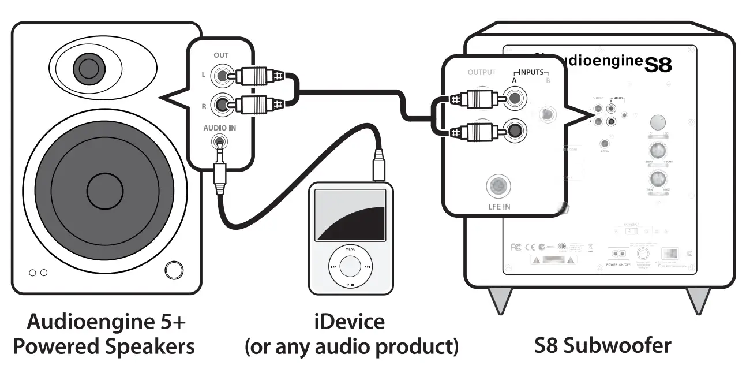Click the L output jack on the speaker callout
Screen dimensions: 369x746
pyautogui.click(x=220, y=76)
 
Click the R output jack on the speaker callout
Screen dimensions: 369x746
pyautogui.click(x=220, y=105)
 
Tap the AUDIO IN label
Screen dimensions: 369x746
pyautogui.click(x=219, y=128)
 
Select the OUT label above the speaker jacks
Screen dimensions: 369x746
pyautogui.click(x=221, y=55)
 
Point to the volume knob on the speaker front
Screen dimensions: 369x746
pyautogui.click(x=174, y=270)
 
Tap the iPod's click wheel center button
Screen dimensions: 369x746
pyautogui.click(x=350, y=267)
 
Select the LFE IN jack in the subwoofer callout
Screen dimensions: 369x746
pyautogui.click(x=497, y=187)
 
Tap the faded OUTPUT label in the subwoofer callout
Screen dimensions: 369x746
pyautogui.click(x=481, y=73)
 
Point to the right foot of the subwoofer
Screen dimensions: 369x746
pyautogui.click(x=697, y=299)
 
